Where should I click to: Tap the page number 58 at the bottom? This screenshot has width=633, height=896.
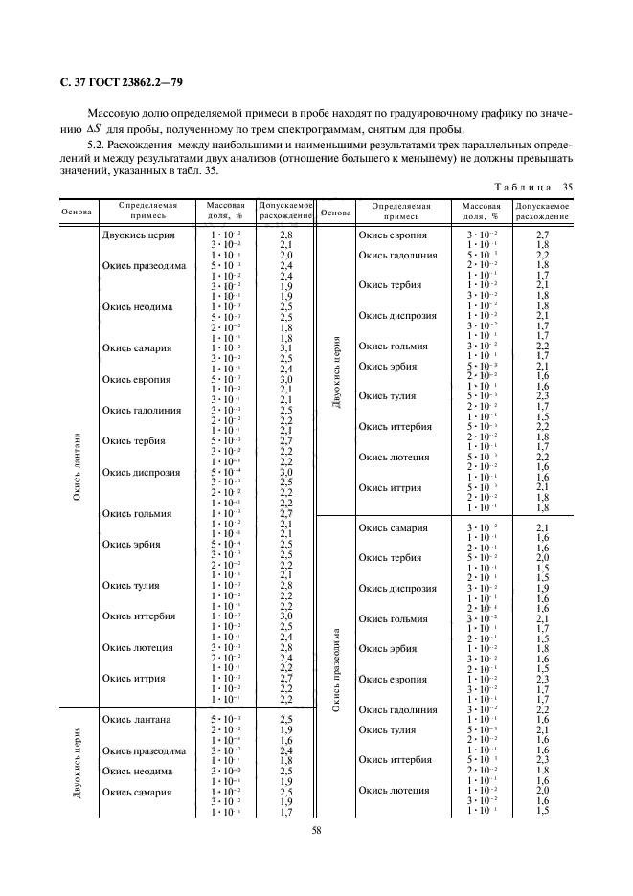coord(316,831)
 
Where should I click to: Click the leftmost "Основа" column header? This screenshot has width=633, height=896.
coord(76,211)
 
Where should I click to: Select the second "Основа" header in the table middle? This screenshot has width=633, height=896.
coord(334,211)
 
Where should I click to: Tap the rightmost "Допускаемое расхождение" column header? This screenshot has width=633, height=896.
coord(542,211)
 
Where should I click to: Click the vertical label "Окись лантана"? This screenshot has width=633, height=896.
coord(76,466)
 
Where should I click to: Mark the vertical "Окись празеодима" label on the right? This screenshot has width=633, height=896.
coord(334,670)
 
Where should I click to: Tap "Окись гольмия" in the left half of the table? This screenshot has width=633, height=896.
coord(137,513)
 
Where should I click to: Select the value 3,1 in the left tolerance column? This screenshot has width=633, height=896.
coord(285,347)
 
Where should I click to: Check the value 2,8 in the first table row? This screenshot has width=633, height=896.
coord(285,234)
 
